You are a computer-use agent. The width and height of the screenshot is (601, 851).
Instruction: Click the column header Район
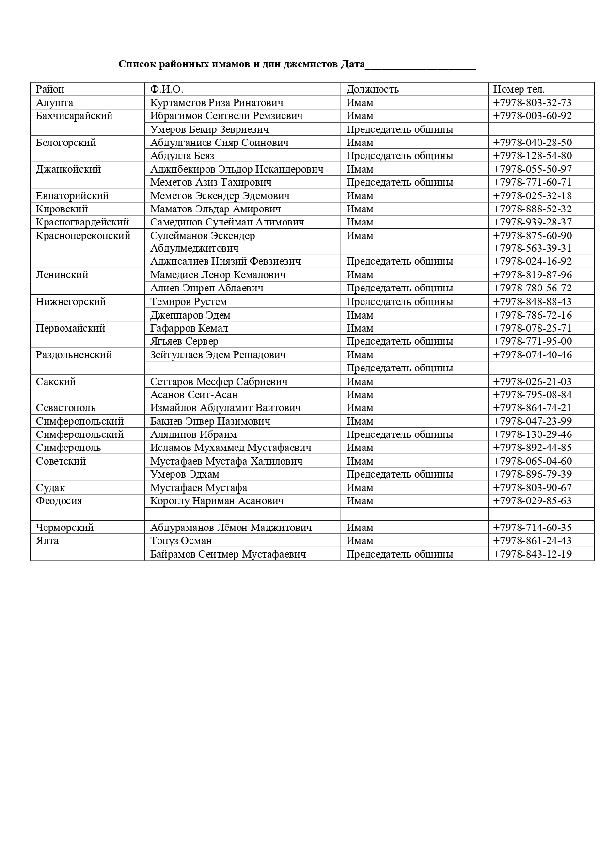point(50,89)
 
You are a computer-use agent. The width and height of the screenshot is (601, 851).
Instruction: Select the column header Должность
point(372,89)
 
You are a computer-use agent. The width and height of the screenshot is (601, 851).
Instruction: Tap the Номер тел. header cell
point(519,89)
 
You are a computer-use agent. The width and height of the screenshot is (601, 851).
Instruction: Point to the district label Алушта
point(55,103)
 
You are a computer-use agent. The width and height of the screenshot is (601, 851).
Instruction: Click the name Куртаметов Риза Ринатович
point(217,103)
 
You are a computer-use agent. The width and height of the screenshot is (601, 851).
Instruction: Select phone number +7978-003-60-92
point(532,116)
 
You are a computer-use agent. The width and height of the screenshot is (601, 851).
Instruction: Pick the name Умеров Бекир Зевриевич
point(209,129)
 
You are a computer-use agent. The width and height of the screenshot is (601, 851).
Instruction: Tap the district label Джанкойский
point(68,169)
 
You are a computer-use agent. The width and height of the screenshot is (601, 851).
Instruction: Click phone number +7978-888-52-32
point(532,209)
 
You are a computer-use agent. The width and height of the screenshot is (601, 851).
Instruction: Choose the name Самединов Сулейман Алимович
point(227,222)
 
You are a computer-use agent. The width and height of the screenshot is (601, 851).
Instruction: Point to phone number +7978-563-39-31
point(532,248)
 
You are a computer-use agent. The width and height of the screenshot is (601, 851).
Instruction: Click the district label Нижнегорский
point(71,302)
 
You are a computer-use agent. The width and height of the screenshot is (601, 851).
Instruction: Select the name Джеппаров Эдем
point(190,315)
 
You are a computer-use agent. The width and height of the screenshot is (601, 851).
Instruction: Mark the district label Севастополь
point(66,408)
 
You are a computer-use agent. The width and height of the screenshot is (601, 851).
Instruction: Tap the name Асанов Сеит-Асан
point(194,395)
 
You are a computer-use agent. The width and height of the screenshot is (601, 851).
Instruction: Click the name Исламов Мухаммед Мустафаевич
point(231,448)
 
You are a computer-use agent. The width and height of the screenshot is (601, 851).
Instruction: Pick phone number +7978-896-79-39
point(532,474)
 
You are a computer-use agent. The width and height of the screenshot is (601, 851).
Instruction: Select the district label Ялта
point(47,541)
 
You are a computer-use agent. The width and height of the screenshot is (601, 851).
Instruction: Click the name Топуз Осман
point(181,541)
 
